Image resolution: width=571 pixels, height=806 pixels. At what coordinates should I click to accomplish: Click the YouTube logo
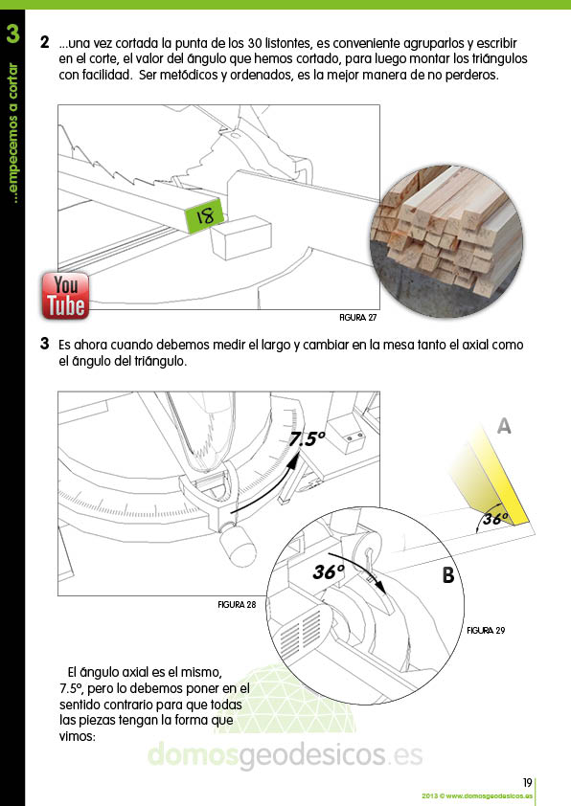(65, 296)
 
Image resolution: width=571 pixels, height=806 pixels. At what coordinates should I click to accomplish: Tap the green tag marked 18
(204, 214)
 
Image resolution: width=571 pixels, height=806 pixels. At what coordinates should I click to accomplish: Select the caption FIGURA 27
(358, 318)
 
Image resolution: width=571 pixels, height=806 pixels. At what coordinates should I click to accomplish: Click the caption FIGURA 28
(237, 605)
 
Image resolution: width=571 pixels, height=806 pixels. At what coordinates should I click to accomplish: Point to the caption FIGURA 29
(486, 630)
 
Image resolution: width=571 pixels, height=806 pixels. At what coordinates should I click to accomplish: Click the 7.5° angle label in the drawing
(307, 439)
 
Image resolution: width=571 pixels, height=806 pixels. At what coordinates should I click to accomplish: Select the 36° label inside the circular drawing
(329, 571)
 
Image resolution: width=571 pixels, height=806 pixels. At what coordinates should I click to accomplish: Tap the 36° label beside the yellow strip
(495, 518)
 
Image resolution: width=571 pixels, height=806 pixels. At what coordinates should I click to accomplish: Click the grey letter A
(504, 426)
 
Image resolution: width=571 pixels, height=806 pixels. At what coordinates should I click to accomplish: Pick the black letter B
(448, 574)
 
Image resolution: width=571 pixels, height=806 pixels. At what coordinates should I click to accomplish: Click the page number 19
(527, 782)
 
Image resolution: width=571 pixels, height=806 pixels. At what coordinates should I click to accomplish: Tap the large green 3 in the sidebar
(12, 34)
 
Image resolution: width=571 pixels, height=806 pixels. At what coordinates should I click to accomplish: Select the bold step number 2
(45, 42)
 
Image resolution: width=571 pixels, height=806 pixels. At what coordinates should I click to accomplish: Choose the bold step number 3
(45, 344)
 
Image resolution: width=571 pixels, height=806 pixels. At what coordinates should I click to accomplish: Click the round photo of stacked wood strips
(446, 241)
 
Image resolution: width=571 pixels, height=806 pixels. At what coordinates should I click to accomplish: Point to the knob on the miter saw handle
(237, 545)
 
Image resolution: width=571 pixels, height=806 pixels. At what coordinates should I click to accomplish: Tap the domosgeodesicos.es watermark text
(285, 754)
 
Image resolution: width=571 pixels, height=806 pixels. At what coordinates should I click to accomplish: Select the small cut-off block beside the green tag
(240, 237)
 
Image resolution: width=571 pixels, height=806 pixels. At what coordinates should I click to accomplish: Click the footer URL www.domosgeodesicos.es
(490, 796)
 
